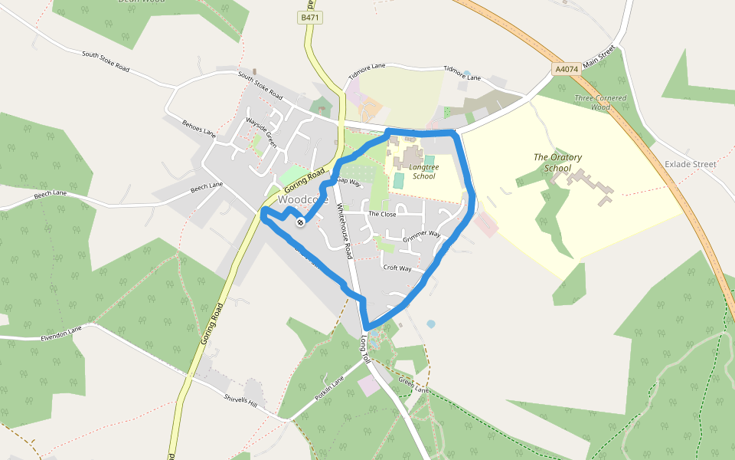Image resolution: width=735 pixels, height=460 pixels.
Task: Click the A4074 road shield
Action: point(566,69)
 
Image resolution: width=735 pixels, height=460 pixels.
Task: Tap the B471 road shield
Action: point(308,17)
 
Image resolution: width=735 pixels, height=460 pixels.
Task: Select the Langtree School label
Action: point(423,171)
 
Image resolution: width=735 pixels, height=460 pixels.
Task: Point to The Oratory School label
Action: point(557,163)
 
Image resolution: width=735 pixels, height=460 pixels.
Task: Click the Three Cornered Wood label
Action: point(601,103)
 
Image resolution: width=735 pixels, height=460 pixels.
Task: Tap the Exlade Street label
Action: point(690,164)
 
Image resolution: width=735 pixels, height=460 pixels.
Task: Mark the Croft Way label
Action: point(397,269)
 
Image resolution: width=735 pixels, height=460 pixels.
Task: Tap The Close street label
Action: point(382,214)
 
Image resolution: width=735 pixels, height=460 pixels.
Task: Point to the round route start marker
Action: point(300,222)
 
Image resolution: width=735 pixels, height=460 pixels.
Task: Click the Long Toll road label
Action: point(365,349)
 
